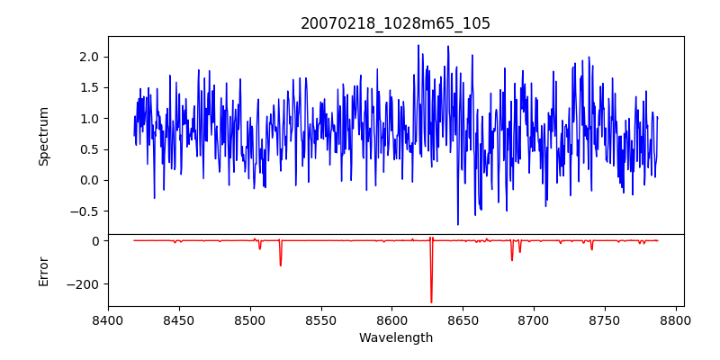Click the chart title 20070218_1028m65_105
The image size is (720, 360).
395,23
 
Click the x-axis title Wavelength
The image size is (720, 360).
395,338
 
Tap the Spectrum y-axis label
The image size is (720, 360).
43,136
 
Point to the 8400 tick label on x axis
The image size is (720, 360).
108,319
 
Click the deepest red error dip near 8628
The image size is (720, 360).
431,301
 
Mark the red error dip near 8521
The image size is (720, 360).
280,265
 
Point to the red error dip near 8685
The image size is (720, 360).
512,259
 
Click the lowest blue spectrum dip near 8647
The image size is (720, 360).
458,223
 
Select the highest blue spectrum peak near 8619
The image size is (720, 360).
418,46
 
